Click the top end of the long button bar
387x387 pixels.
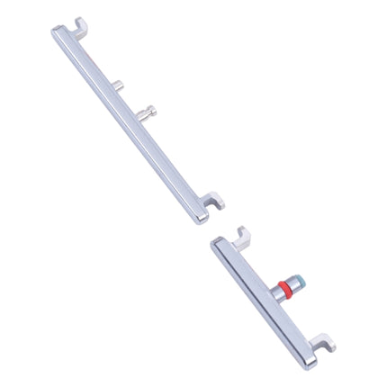(x=52, y=34)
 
